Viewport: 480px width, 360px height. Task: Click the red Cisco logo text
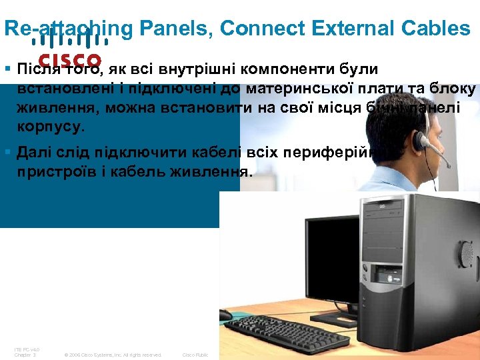point(70,61)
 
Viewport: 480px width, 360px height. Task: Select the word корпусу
point(51,127)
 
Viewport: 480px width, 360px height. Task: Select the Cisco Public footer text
point(195,355)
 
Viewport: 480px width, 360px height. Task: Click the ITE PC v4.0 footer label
point(27,349)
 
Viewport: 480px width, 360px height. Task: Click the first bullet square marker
point(7,69)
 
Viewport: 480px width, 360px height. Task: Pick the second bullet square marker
point(7,153)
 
